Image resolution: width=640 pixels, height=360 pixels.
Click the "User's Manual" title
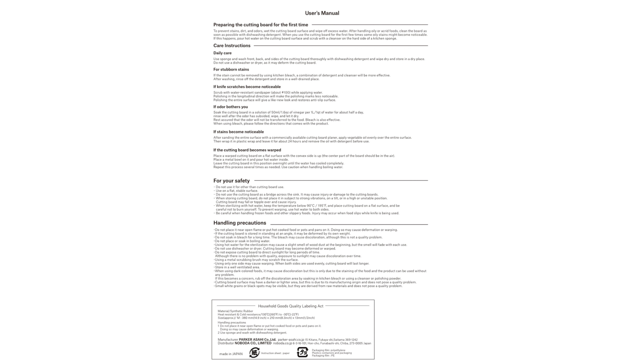coord(322,13)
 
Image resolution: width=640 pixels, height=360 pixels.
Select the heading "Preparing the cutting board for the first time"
coord(261,25)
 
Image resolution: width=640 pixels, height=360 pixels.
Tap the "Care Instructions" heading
coord(232,46)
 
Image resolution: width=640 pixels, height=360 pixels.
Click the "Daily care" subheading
coord(222,53)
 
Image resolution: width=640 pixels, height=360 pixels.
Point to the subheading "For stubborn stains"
coord(231,70)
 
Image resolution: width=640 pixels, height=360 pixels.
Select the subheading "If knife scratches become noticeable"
coord(247,87)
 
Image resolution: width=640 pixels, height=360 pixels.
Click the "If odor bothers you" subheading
coord(230,107)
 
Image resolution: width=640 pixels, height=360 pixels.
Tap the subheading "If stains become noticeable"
coord(239,132)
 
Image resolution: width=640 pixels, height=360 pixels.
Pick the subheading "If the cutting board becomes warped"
coord(247,150)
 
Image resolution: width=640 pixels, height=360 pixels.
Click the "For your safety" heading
coord(231,181)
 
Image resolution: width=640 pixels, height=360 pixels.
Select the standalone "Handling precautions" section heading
coord(239,223)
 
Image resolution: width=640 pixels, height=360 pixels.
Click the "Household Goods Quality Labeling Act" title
coord(291,306)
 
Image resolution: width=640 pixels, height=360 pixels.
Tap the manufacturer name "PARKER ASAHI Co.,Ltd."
coord(257,340)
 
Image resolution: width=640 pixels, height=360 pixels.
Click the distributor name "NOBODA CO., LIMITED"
coord(253,343)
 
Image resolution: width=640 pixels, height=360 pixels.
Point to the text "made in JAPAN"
coord(231,354)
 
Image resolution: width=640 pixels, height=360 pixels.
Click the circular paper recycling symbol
coord(254,353)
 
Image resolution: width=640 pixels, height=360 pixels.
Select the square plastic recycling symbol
coord(302,352)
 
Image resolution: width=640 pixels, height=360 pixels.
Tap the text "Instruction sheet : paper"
coord(275,353)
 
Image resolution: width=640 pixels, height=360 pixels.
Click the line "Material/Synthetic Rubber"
coord(235,311)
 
